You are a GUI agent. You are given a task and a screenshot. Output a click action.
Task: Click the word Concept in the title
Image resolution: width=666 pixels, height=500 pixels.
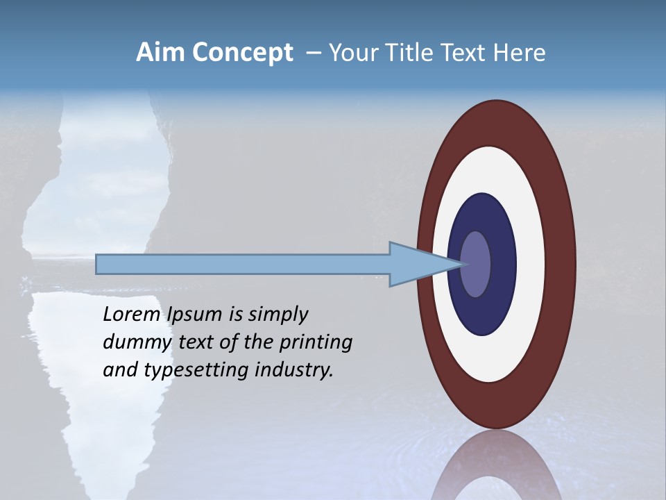click(243, 53)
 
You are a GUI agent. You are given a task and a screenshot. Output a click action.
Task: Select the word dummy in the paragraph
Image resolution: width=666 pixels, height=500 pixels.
click(135, 342)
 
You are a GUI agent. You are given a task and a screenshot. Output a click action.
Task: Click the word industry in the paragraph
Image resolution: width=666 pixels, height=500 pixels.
click(294, 370)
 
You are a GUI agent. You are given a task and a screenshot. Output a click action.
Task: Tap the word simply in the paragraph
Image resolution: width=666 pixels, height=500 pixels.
click(277, 315)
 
